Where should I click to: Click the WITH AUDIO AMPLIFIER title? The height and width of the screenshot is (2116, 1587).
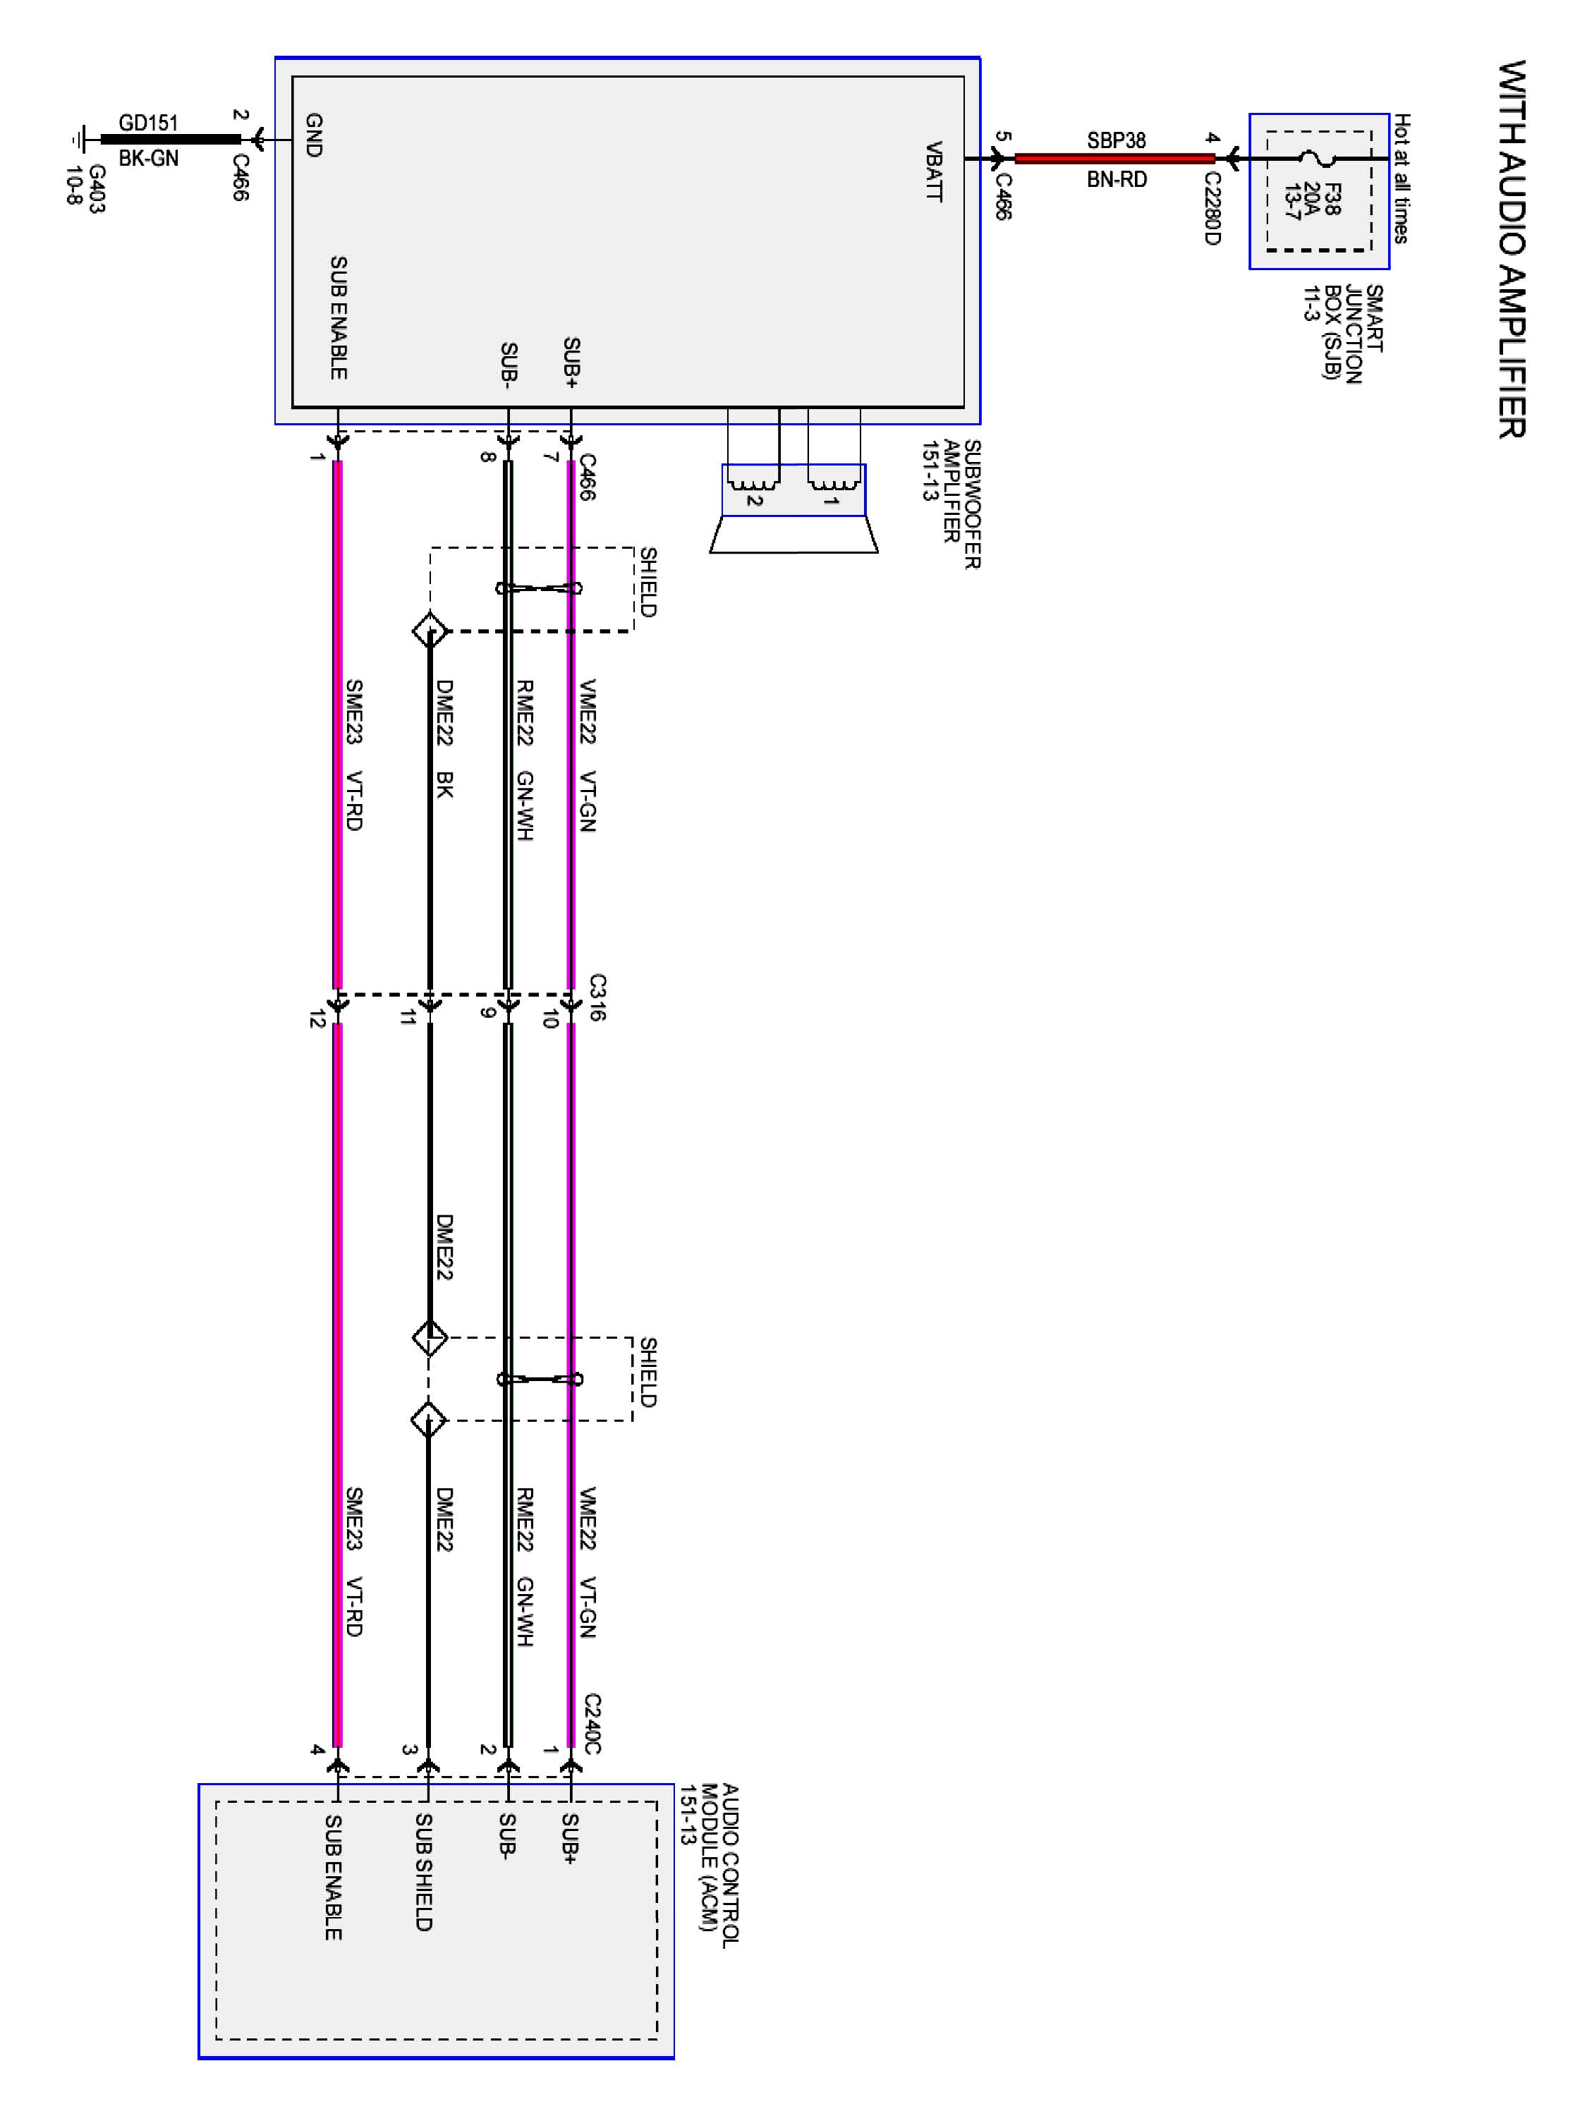click(x=1511, y=250)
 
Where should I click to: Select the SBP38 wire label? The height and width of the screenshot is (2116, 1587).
click(x=1115, y=140)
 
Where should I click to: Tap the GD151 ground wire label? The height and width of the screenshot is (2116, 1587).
click(x=148, y=123)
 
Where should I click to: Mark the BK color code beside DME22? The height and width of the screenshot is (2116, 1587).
click(x=444, y=784)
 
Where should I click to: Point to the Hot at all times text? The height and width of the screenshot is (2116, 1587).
click(x=1401, y=178)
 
